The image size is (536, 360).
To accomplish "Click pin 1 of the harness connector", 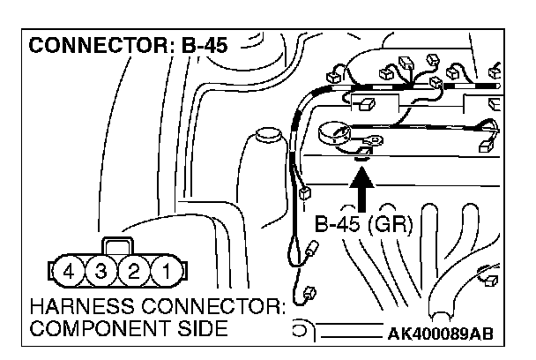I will click(x=161, y=269).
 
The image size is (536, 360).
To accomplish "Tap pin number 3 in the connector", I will click(x=103, y=269).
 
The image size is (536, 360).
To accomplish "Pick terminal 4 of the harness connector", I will click(x=74, y=269).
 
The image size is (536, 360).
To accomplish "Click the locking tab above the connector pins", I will click(x=118, y=245).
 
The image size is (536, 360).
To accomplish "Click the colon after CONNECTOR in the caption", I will click(x=281, y=311).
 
